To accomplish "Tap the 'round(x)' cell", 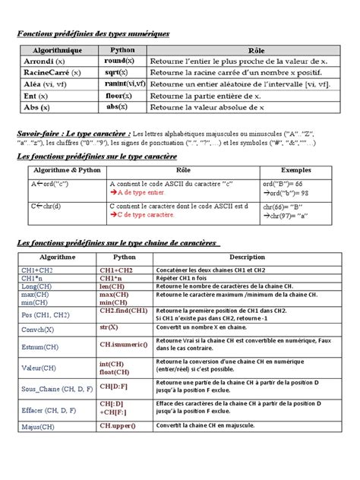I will point(119,61).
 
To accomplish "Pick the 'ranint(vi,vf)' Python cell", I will point(120,84).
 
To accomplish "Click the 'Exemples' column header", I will point(296,170).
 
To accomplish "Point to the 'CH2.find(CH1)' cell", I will point(123,311).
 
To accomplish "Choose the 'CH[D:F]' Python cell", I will point(113,386).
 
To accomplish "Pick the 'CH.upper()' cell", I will point(118,427).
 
